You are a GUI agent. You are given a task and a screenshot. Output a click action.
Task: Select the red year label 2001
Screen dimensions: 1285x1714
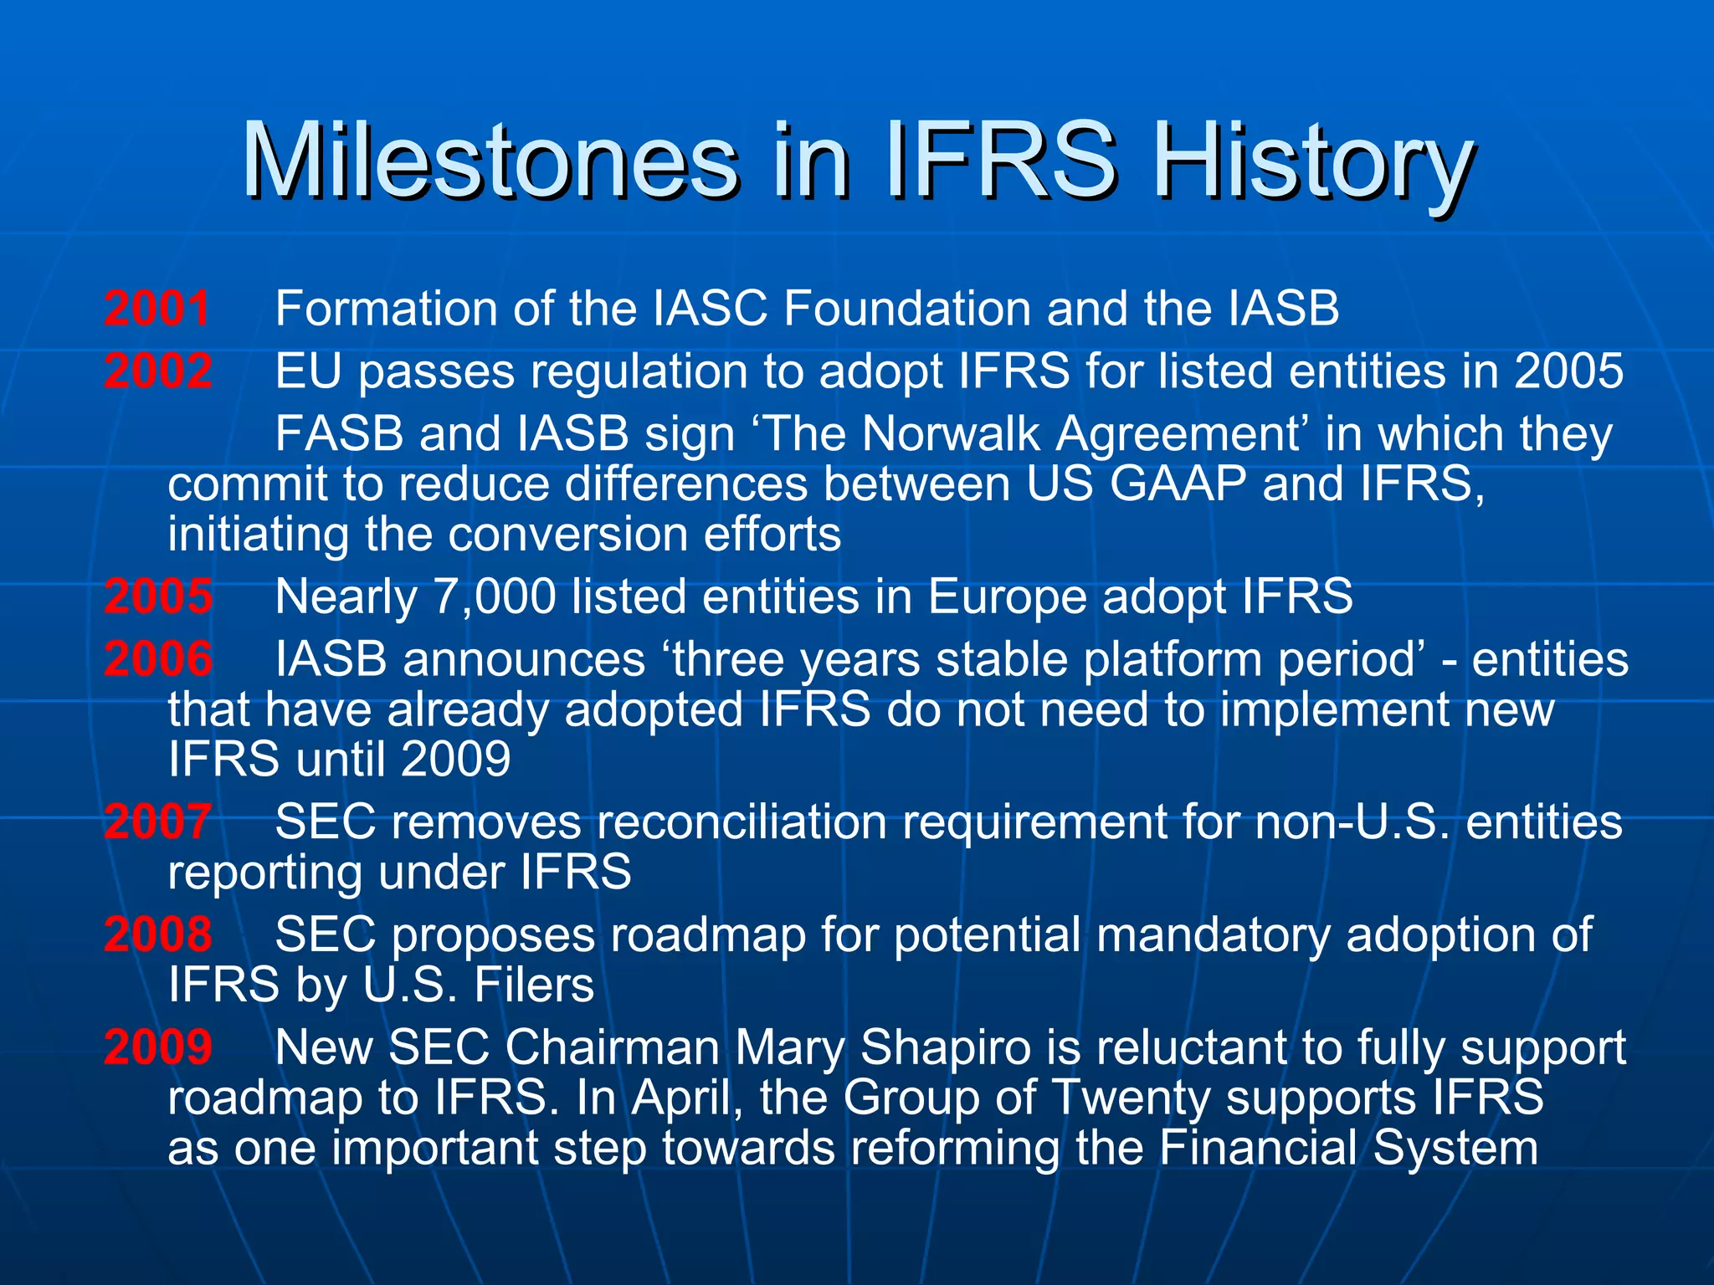[157, 308]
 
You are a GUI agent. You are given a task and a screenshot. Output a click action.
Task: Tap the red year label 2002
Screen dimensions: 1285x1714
[157, 371]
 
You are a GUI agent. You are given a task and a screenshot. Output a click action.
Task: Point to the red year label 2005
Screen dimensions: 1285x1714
[157, 596]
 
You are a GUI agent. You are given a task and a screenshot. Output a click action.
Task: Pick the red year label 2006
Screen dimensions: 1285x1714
[157, 658]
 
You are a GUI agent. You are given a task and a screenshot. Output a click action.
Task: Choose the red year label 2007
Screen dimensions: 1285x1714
[157, 821]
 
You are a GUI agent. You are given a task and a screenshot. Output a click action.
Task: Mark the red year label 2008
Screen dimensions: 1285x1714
[157, 934]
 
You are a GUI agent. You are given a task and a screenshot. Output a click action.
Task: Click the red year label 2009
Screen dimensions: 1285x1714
[157, 1047]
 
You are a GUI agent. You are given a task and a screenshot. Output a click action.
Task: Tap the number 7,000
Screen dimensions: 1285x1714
[495, 597]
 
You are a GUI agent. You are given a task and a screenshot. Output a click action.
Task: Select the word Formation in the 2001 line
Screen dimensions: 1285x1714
[387, 308]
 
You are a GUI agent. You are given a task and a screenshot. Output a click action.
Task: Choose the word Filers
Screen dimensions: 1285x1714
[534, 985]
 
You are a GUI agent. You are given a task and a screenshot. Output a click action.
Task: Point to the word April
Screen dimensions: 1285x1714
[681, 1098]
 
